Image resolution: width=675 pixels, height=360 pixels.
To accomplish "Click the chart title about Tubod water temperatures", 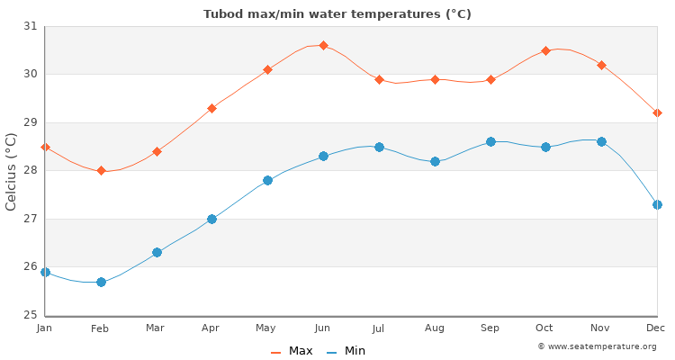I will click(x=337, y=14).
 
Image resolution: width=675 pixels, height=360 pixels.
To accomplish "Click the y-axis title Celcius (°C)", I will click(x=12, y=171).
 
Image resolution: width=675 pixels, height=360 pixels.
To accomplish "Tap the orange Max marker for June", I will click(x=323, y=45).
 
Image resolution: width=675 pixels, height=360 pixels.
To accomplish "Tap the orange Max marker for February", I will click(x=101, y=170).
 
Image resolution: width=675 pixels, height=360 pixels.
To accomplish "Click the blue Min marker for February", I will click(x=101, y=282).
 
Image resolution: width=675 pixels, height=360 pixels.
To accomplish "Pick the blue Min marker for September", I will click(x=490, y=141).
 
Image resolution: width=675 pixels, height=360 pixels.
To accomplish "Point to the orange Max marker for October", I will click(x=545, y=50).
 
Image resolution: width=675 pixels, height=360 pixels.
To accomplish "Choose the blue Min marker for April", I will click(x=211, y=219).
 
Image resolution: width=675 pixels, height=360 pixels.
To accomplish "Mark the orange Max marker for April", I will click(x=211, y=108).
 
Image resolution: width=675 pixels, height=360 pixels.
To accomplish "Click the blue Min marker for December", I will click(x=657, y=204).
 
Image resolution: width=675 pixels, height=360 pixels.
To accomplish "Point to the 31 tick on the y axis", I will click(x=31, y=26).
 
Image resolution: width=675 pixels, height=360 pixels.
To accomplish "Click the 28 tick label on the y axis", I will click(x=31, y=171).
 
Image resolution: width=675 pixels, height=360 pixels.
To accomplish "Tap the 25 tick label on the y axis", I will click(x=31, y=315).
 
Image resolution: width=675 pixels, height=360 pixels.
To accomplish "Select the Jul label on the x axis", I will click(x=379, y=328).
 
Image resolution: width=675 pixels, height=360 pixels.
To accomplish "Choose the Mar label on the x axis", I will click(x=156, y=328).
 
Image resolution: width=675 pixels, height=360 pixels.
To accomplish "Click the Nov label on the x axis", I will click(x=601, y=328).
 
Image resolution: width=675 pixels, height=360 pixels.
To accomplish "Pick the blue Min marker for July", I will click(x=379, y=147).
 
